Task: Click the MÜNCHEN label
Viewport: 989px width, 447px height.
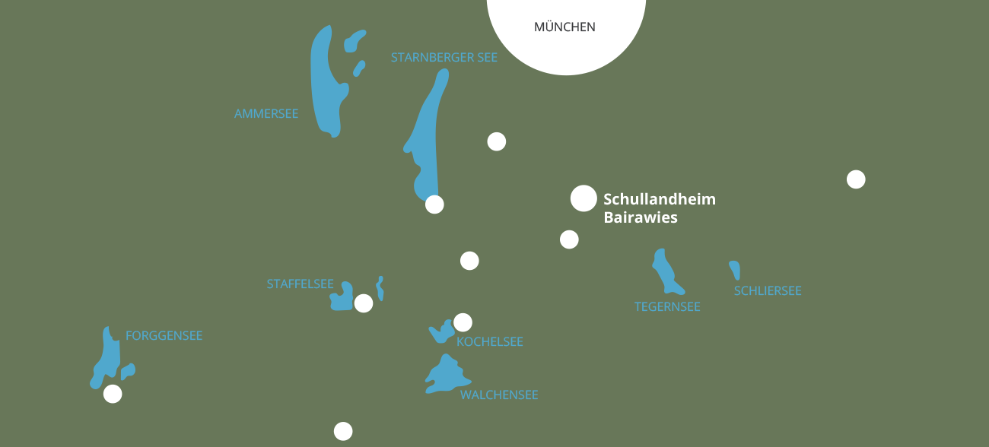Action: coord(564,27)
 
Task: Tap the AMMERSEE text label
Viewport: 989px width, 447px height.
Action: coord(266,114)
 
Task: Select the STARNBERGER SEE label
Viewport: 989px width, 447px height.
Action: coord(444,58)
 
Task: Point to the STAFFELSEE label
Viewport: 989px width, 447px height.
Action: coord(300,284)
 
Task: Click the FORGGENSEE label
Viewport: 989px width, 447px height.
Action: coord(164,336)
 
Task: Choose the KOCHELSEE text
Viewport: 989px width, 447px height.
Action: coord(490,342)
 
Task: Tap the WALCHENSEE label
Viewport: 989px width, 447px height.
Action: coord(499,395)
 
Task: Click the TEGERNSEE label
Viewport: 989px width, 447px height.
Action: coord(667,307)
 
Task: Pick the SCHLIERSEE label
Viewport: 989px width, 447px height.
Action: coord(768,291)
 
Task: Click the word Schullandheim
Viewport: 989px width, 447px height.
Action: coord(660,200)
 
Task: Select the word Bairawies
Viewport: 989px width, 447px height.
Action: coord(640,218)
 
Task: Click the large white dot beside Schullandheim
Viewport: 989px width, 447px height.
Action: coord(584,198)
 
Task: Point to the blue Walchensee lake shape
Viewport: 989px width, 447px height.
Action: coord(446,376)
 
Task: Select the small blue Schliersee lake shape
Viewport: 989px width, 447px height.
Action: coord(735,270)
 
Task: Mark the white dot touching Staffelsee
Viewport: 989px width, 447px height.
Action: coord(364,303)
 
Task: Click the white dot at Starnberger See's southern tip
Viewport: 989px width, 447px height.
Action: coord(434,204)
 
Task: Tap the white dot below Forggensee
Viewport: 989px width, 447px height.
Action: coord(113,394)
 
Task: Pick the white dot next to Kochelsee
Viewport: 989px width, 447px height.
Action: coord(463,322)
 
